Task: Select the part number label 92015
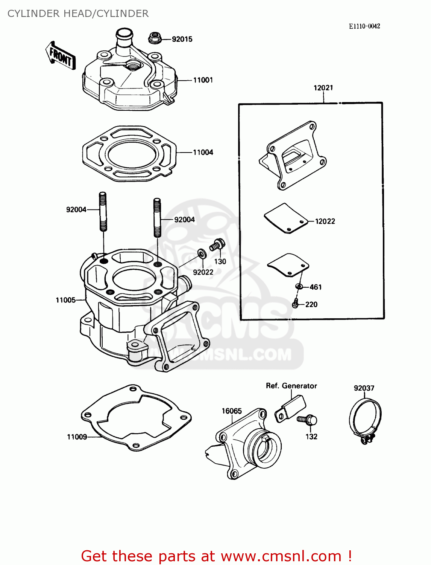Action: coord(182,39)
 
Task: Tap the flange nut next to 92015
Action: coord(155,38)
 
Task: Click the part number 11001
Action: coord(203,80)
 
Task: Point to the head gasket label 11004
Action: coord(203,152)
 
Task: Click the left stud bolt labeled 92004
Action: coord(103,211)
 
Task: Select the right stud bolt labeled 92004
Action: coord(157,217)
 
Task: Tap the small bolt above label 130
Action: coord(217,245)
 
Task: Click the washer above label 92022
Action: coord(202,255)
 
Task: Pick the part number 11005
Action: coord(65,300)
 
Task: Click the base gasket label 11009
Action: coord(77,437)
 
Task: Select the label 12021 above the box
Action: coord(323,88)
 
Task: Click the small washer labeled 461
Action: coord(299,287)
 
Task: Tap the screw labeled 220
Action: coord(296,303)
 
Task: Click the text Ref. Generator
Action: coord(291,386)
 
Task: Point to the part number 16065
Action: coord(231,411)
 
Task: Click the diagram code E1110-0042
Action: coord(364,26)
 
